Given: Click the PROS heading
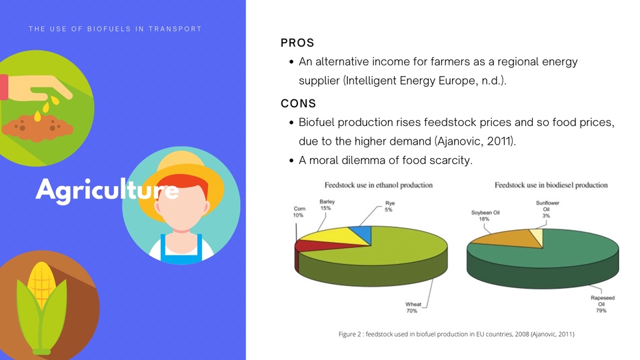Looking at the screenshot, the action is pyautogui.click(x=297, y=43).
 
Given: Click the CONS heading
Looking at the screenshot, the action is pyautogui.click(x=299, y=103).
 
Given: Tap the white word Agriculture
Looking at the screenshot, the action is pyautogui.click(x=107, y=190).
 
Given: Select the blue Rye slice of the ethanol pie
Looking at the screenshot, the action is pyautogui.click(x=364, y=233).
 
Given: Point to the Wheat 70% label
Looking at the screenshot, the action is pyautogui.click(x=413, y=307).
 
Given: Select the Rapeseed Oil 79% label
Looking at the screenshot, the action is pyautogui.click(x=603, y=304).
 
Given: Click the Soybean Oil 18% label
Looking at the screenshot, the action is pyautogui.click(x=485, y=215).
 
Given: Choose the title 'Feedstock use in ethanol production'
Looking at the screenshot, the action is pyautogui.click(x=379, y=185).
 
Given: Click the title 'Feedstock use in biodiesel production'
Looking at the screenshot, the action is pyautogui.click(x=551, y=185).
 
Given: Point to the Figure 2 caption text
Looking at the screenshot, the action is pyautogui.click(x=456, y=334).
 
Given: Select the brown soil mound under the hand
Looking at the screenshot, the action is pyautogui.click(x=37, y=128).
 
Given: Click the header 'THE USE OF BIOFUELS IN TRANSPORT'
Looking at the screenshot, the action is pyautogui.click(x=115, y=29).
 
